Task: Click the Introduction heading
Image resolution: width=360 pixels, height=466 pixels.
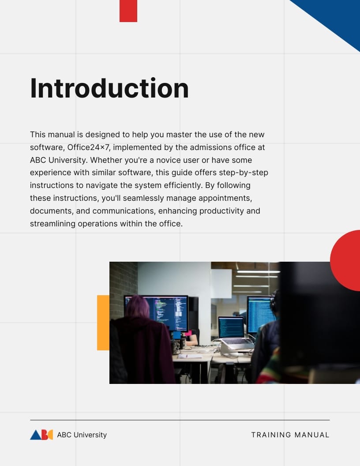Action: click(x=109, y=88)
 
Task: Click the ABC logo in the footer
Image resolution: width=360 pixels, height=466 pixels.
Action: click(x=41, y=435)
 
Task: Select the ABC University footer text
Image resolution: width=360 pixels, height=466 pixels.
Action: click(x=82, y=435)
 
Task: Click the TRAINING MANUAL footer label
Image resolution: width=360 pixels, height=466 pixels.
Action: click(x=290, y=435)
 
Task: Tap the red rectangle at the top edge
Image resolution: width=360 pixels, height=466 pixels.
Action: click(x=128, y=11)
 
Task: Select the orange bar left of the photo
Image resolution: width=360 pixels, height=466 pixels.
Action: click(x=103, y=323)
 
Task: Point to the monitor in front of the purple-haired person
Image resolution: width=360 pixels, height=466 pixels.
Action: click(x=168, y=312)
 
